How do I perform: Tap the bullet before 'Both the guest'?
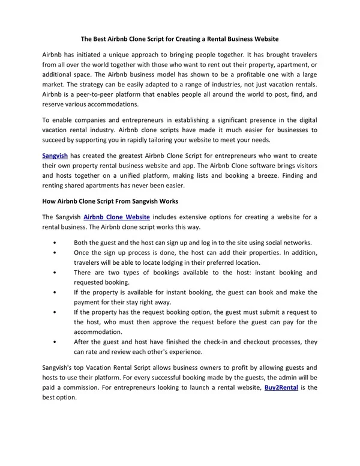[x=55, y=242]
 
